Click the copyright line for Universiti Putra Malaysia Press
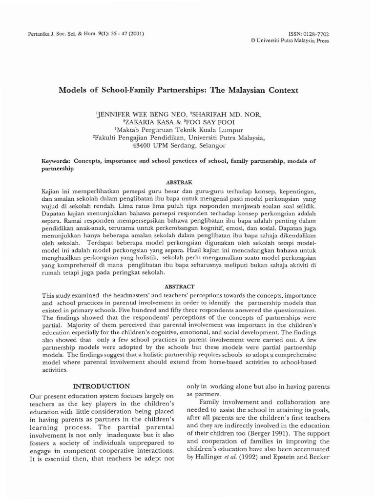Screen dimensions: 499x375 coord(290,41)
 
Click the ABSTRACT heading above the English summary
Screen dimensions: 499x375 coord(180,287)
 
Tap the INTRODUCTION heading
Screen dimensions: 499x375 coord(101,386)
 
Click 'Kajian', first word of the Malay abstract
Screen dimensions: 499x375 coord(52,191)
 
